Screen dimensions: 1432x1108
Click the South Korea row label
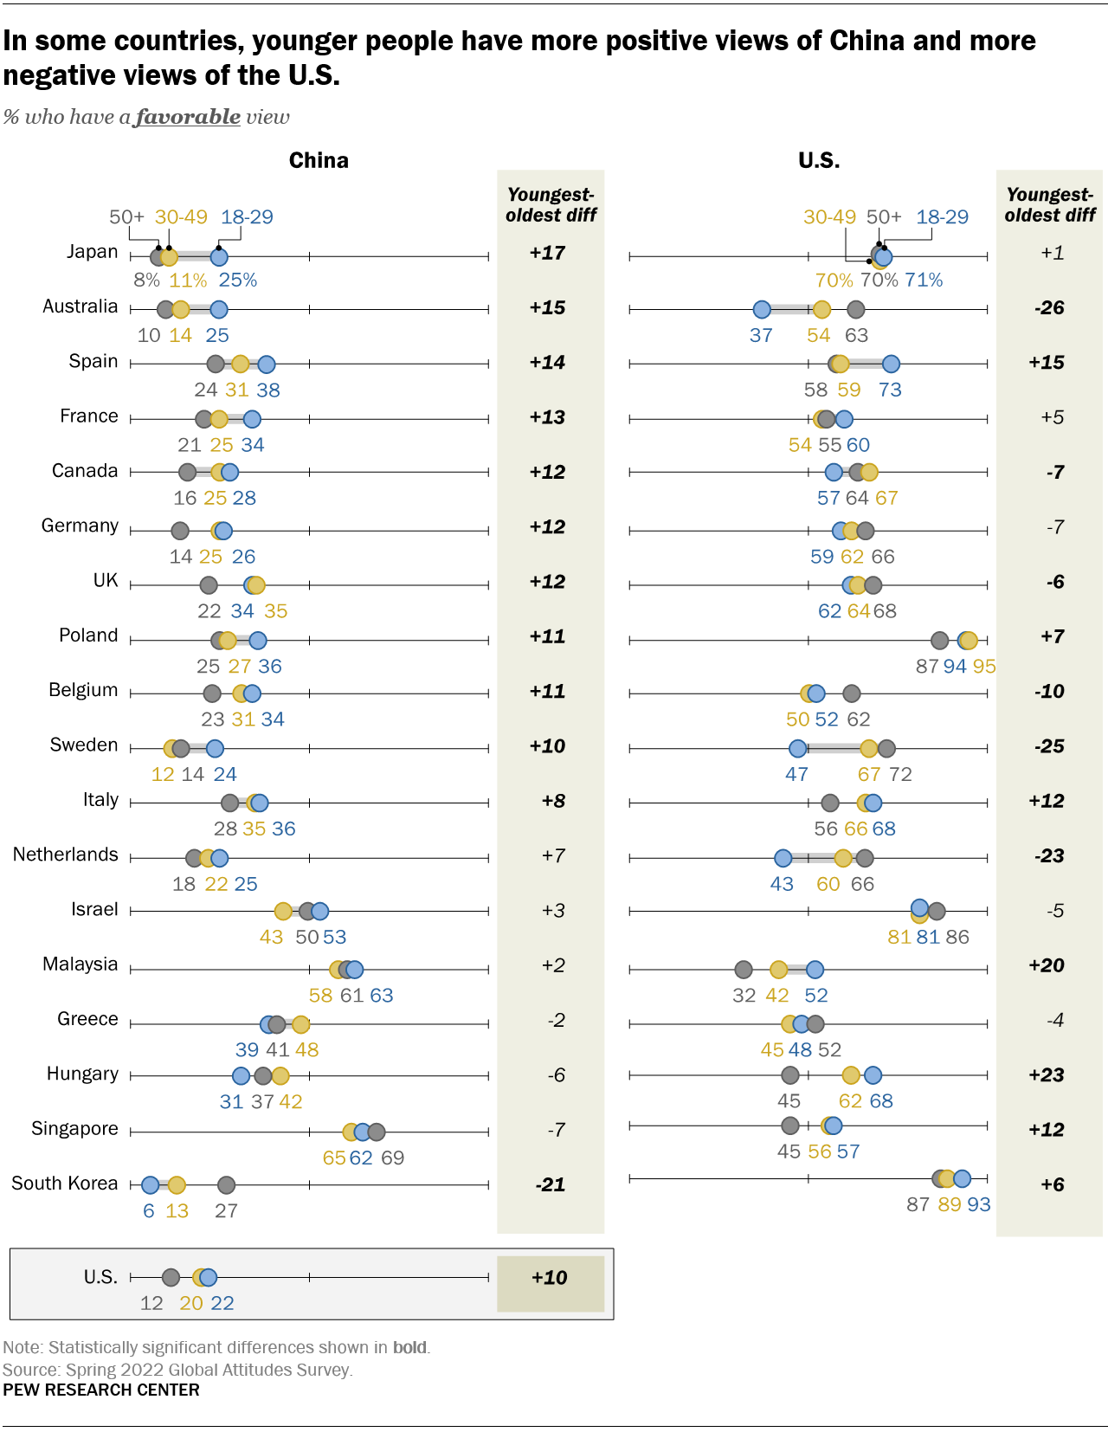[64, 1184]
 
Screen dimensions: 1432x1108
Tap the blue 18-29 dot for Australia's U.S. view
[762, 309]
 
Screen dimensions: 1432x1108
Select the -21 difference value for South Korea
[550, 1184]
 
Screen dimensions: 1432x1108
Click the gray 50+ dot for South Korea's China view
[226, 1184]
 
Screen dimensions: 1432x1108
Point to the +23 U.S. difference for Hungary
[1046, 1074]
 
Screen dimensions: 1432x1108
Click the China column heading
[319, 160]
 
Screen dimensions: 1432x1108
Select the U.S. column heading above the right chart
[819, 160]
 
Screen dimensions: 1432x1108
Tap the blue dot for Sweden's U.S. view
[797, 748]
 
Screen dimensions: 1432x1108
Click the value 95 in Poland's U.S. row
[984, 666]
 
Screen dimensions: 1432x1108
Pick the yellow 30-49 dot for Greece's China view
[300, 1024]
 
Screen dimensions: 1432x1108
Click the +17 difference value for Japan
[547, 253]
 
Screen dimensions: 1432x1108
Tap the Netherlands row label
[65, 855]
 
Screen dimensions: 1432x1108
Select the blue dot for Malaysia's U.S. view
[815, 970]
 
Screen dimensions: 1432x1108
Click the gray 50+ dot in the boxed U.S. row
[171, 1277]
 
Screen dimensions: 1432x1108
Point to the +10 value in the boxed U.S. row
[550, 1278]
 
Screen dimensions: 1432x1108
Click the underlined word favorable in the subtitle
[188, 117]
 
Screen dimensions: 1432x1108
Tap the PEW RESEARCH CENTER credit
[100, 1390]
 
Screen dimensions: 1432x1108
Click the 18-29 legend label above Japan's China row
[247, 217]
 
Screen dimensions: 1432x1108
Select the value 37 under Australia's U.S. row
[761, 335]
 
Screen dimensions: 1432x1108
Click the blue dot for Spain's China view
[267, 364]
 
